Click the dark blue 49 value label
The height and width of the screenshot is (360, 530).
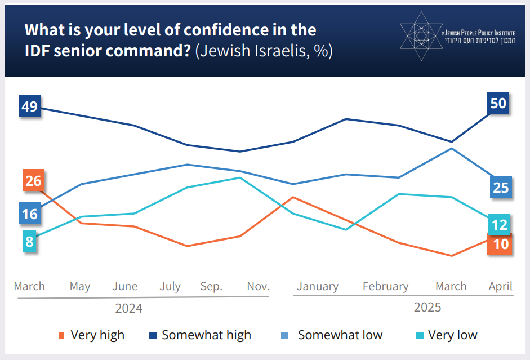[30, 106]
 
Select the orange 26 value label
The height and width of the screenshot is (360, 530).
[33, 181]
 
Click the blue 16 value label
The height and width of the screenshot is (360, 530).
[30, 214]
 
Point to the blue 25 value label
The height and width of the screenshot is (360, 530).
[500, 188]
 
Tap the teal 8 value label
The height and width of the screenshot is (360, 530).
[30, 242]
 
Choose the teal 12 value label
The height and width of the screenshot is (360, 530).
[499, 225]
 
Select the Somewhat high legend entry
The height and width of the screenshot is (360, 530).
[201, 335]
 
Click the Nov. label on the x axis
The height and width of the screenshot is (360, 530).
[259, 286]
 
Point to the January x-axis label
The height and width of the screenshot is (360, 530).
[318, 286]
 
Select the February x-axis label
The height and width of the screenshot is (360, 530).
[385, 286]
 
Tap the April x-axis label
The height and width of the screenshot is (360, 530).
[500, 286]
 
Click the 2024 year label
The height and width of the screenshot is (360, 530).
[128, 309]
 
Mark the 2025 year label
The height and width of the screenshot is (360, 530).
[427, 308]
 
